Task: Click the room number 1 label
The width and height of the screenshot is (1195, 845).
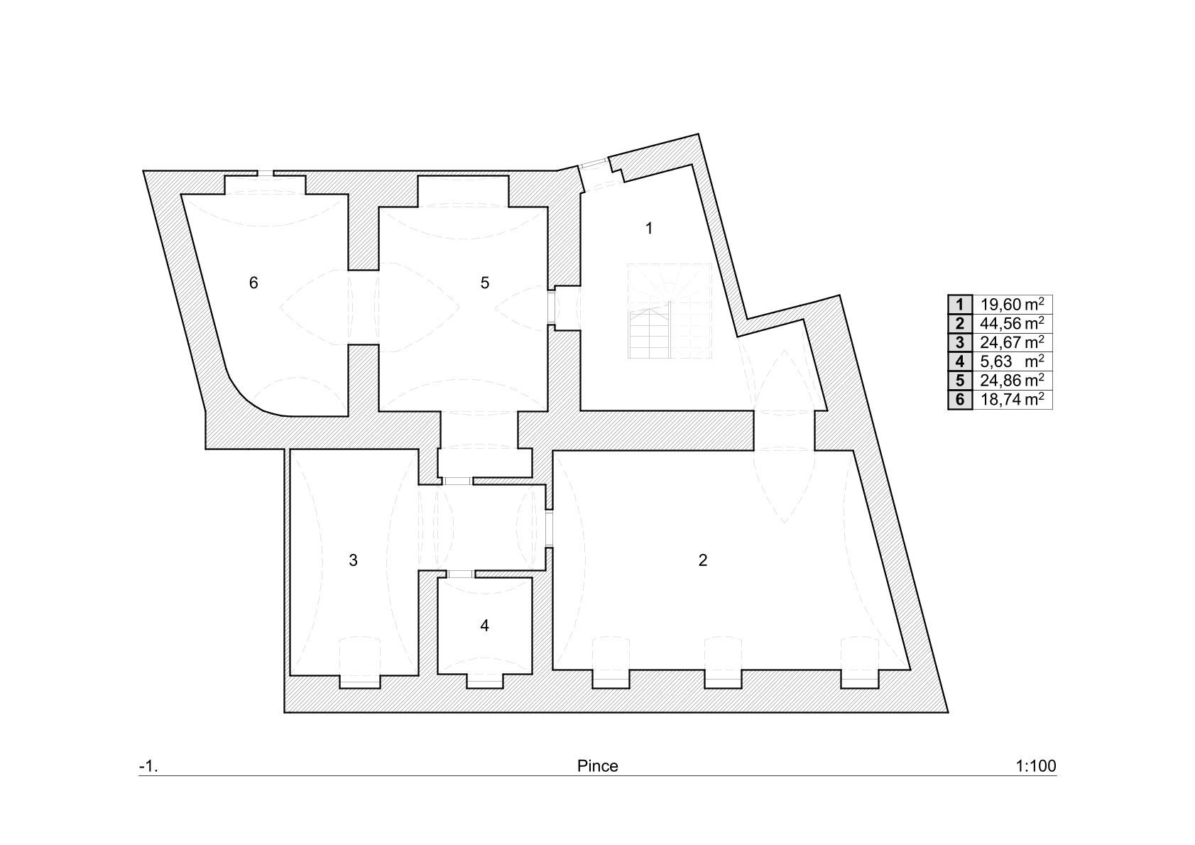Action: point(649,229)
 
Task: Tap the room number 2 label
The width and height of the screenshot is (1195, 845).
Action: point(703,560)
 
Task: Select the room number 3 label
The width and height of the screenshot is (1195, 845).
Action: point(353,560)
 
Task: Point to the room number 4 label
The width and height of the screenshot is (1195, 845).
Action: point(484,625)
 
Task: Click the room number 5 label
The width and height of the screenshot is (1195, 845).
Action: point(484,283)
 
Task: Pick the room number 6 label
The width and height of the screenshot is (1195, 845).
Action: point(253,283)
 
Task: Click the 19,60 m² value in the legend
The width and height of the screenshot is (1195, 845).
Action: point(1012,304)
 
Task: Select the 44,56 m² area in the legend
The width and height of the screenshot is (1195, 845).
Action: point(1012,323)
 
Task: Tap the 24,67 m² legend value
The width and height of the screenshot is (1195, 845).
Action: point(1012,342)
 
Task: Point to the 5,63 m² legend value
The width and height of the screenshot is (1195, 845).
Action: point(1012,361)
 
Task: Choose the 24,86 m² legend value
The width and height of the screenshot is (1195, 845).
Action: point(1012,381)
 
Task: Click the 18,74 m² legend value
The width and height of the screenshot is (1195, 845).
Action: point(1012,400)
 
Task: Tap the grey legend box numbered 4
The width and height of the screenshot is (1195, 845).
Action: point(960,361)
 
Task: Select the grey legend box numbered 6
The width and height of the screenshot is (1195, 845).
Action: point(960,400)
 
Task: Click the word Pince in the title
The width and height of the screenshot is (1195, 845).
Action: point(598,766)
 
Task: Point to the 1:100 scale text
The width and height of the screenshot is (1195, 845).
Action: point(1036,766)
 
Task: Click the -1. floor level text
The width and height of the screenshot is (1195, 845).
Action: point(148,767)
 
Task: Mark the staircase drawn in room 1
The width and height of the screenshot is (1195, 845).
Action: point(670,311)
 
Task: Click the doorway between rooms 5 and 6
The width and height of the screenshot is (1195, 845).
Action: point(364,307)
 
